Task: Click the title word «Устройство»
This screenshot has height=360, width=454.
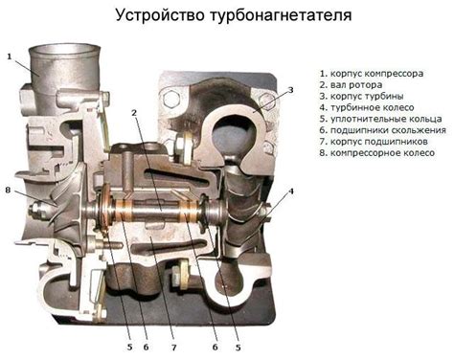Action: coord(160,16)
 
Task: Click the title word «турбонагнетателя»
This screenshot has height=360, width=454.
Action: coord(281,16)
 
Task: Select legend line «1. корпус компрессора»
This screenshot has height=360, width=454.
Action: coord(372,74)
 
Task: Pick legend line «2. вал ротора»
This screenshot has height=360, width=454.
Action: coord(351,85)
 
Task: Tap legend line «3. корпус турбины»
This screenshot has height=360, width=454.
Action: coord(362,97)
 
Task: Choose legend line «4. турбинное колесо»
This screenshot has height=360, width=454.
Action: coord(367,107)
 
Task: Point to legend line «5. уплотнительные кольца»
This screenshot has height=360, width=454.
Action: coord(381,119)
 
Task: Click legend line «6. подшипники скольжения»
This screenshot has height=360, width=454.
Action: coord(383,130)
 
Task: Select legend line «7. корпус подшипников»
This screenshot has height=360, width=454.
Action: coord(374,142)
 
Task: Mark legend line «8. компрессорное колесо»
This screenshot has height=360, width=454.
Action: coord(377,153)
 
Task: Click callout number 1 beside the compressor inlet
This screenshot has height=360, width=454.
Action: coord(10,56)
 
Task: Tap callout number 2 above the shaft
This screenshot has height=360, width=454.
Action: coord(134,113)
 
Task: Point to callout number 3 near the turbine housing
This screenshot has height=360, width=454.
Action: coord(290,90)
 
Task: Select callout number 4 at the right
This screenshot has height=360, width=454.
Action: coord(290,191)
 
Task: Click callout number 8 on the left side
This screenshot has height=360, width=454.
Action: coord(8,191)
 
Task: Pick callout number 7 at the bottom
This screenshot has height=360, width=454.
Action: coord(174,348)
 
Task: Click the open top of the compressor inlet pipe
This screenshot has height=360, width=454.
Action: coord(65,50)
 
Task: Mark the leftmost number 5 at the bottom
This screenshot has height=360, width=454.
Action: coord(129,348)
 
